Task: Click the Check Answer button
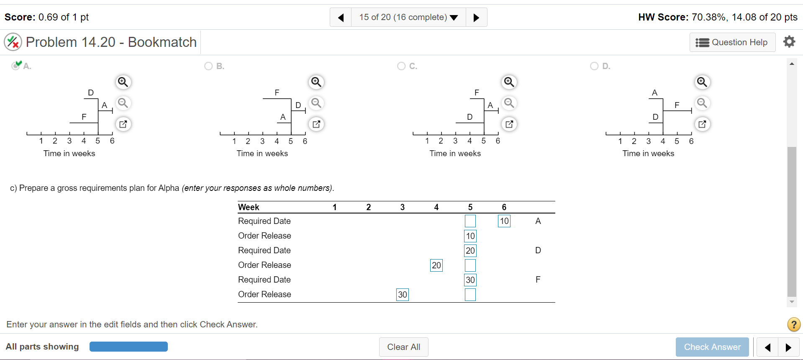coord(712,347)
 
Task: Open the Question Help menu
coord(732,42)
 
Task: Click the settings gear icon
coord(789,41)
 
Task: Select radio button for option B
coord(208,66)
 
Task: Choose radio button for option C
coord(401,66)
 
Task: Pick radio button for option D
coord(594,66)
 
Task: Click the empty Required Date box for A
coord(470,221)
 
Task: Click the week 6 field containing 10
coord(504,221)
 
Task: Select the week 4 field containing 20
coord(436,265)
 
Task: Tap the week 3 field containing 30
coord(402,295)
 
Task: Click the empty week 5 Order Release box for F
coord(470,295)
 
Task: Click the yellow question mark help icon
coord(793,324)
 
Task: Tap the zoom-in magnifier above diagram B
coord(316,82)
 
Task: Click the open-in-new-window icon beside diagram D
coord(702,124)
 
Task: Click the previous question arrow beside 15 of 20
coord(341,18)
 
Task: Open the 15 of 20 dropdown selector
coord(408,18)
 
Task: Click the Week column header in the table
coord(249,207)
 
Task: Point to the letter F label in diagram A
coord(84,117)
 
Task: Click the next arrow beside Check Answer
coord(788,347)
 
